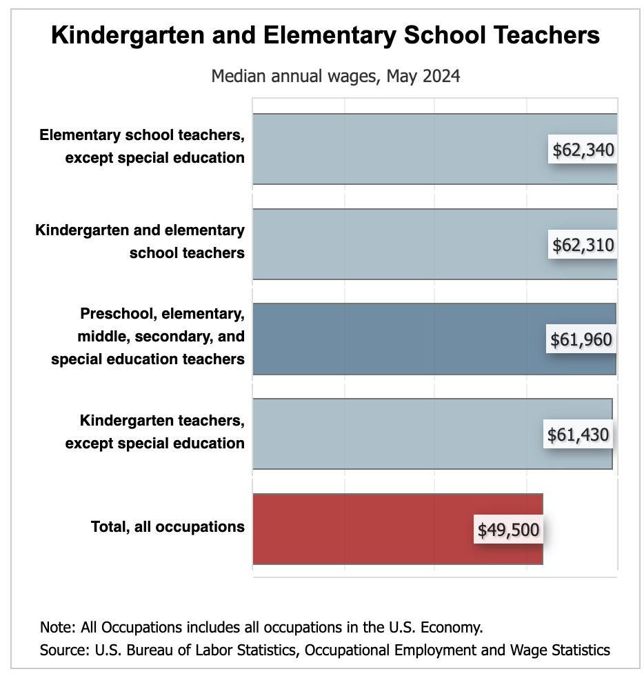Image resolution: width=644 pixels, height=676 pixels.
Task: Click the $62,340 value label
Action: [583, 150]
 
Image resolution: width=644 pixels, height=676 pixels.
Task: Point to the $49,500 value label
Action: [508, 530]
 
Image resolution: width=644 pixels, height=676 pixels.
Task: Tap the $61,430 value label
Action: [578, 435]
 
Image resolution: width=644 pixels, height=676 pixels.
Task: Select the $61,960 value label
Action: [581, 339]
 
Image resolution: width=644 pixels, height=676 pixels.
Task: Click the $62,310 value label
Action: [583, 245]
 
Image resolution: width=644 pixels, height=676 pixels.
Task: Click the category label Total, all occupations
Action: [168, 527]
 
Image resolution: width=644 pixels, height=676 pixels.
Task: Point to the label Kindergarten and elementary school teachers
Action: [140, 241]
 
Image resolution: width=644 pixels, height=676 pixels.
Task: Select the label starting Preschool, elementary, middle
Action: [148, 337]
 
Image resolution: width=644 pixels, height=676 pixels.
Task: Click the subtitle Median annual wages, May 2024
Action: [336, 75]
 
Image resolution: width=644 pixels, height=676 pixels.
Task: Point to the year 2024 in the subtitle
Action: [442, 75]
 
